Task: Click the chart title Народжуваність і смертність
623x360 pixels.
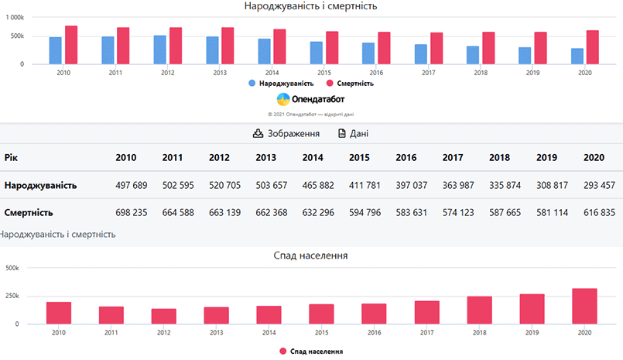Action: click(x=310, y=6)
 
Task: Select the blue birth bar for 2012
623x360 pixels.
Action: click(x=160, y=50)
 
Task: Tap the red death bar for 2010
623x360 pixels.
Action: click(x=71, y=45)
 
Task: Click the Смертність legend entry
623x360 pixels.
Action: click(x=349, y=83)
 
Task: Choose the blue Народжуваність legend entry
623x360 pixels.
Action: click(x=281, y=83)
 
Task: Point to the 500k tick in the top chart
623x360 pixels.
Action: click(x=16, y=36)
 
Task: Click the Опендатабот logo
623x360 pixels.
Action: click(x=310, y=99)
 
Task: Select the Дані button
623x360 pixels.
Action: click(x=353, y=134)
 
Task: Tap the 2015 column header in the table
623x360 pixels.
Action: click(x=359, y=158)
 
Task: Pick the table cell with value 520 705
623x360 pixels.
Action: click(x=219, y=186)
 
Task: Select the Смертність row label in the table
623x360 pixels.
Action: click(x=29, y=212)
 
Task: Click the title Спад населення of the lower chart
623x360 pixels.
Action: click(x=310, y=255)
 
